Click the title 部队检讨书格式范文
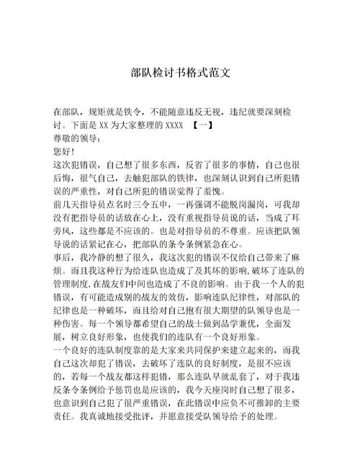tap(180, 73)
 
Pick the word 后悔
tap(64, 179)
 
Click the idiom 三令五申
tap(153, 205)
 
